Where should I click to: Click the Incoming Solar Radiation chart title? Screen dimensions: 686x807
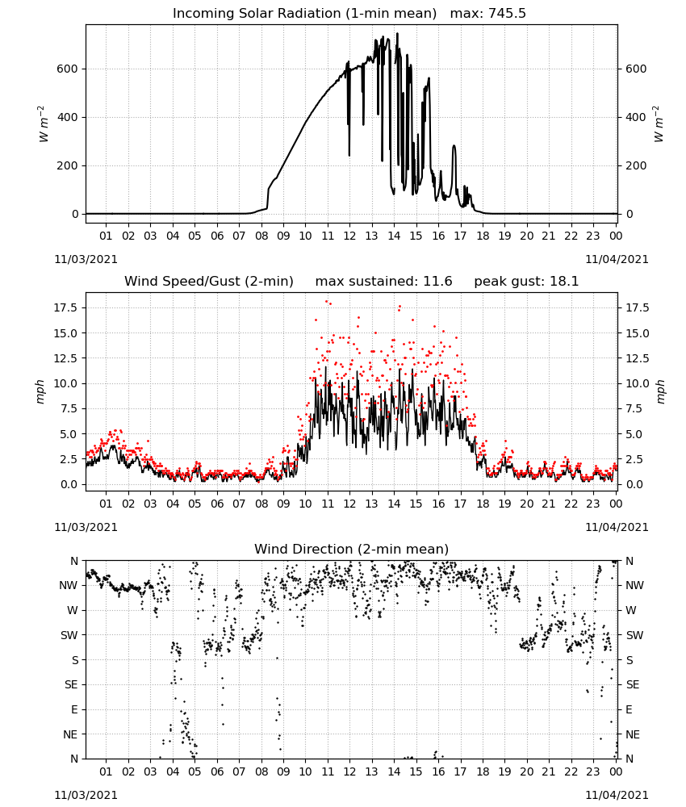coord(304,13)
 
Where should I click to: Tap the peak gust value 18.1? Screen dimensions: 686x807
coord(565,281)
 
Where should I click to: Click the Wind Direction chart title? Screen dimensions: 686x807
coord(352,549)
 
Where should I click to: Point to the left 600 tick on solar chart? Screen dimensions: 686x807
coord(68,69)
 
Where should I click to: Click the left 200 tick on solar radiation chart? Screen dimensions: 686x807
coord(68,165)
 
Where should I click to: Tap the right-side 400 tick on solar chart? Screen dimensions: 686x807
coord(636,117)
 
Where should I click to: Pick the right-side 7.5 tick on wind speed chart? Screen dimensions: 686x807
coord(634,408)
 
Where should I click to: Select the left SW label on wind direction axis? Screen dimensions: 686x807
coord(69,635)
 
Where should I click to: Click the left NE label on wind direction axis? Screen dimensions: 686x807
coord(70,734)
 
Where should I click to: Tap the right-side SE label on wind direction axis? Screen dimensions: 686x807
coord(633,684)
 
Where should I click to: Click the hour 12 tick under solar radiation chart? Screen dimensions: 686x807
coord(349,236)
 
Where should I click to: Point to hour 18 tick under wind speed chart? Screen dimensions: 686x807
coord(483,504)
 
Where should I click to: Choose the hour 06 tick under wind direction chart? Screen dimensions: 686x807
coord(217,771)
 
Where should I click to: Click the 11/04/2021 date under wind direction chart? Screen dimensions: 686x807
coord(617,795)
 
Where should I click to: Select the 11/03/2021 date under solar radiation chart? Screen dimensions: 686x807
coord(86,259)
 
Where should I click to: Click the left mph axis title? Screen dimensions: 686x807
coord(40,391)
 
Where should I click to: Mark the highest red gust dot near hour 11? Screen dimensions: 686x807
coord(326,302)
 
